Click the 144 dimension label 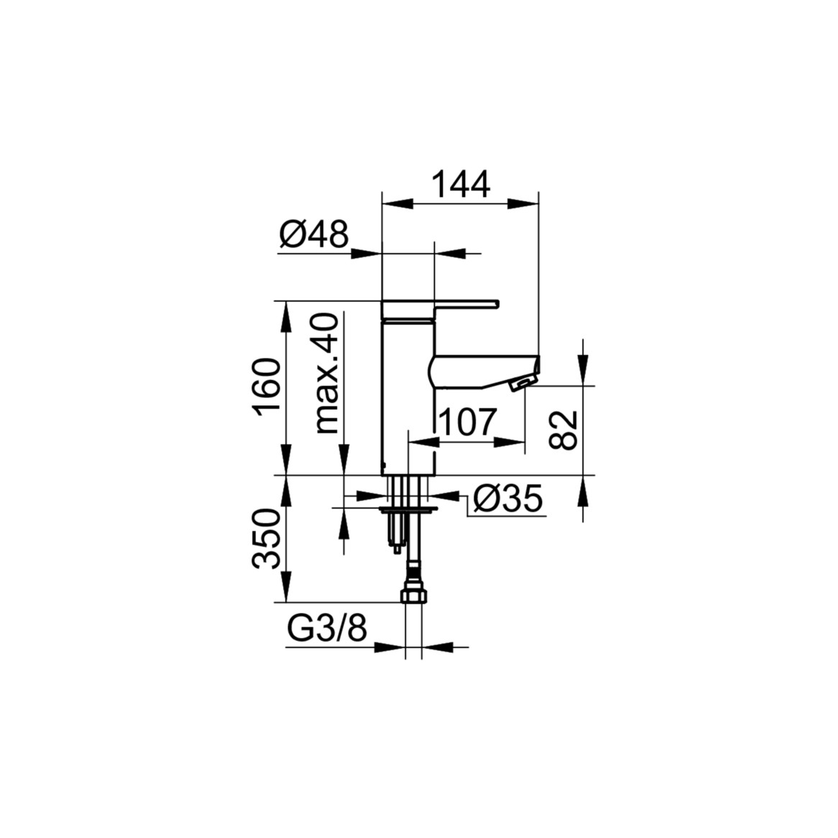[461, 185]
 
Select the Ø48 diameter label [314, 234]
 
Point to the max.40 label [327, 374]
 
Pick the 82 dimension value [564, 430]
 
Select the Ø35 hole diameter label [507, 499]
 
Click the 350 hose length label [267, 539]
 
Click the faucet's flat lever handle [440, 305]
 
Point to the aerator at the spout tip [522, 383]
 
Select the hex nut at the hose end [413, 595]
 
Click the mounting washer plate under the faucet [408, 510]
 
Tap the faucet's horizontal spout [484, 371]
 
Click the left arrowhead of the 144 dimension [398, 204]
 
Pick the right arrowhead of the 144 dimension [522, 204]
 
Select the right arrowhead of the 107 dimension [510, 442]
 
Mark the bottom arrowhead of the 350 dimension [287, 586]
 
